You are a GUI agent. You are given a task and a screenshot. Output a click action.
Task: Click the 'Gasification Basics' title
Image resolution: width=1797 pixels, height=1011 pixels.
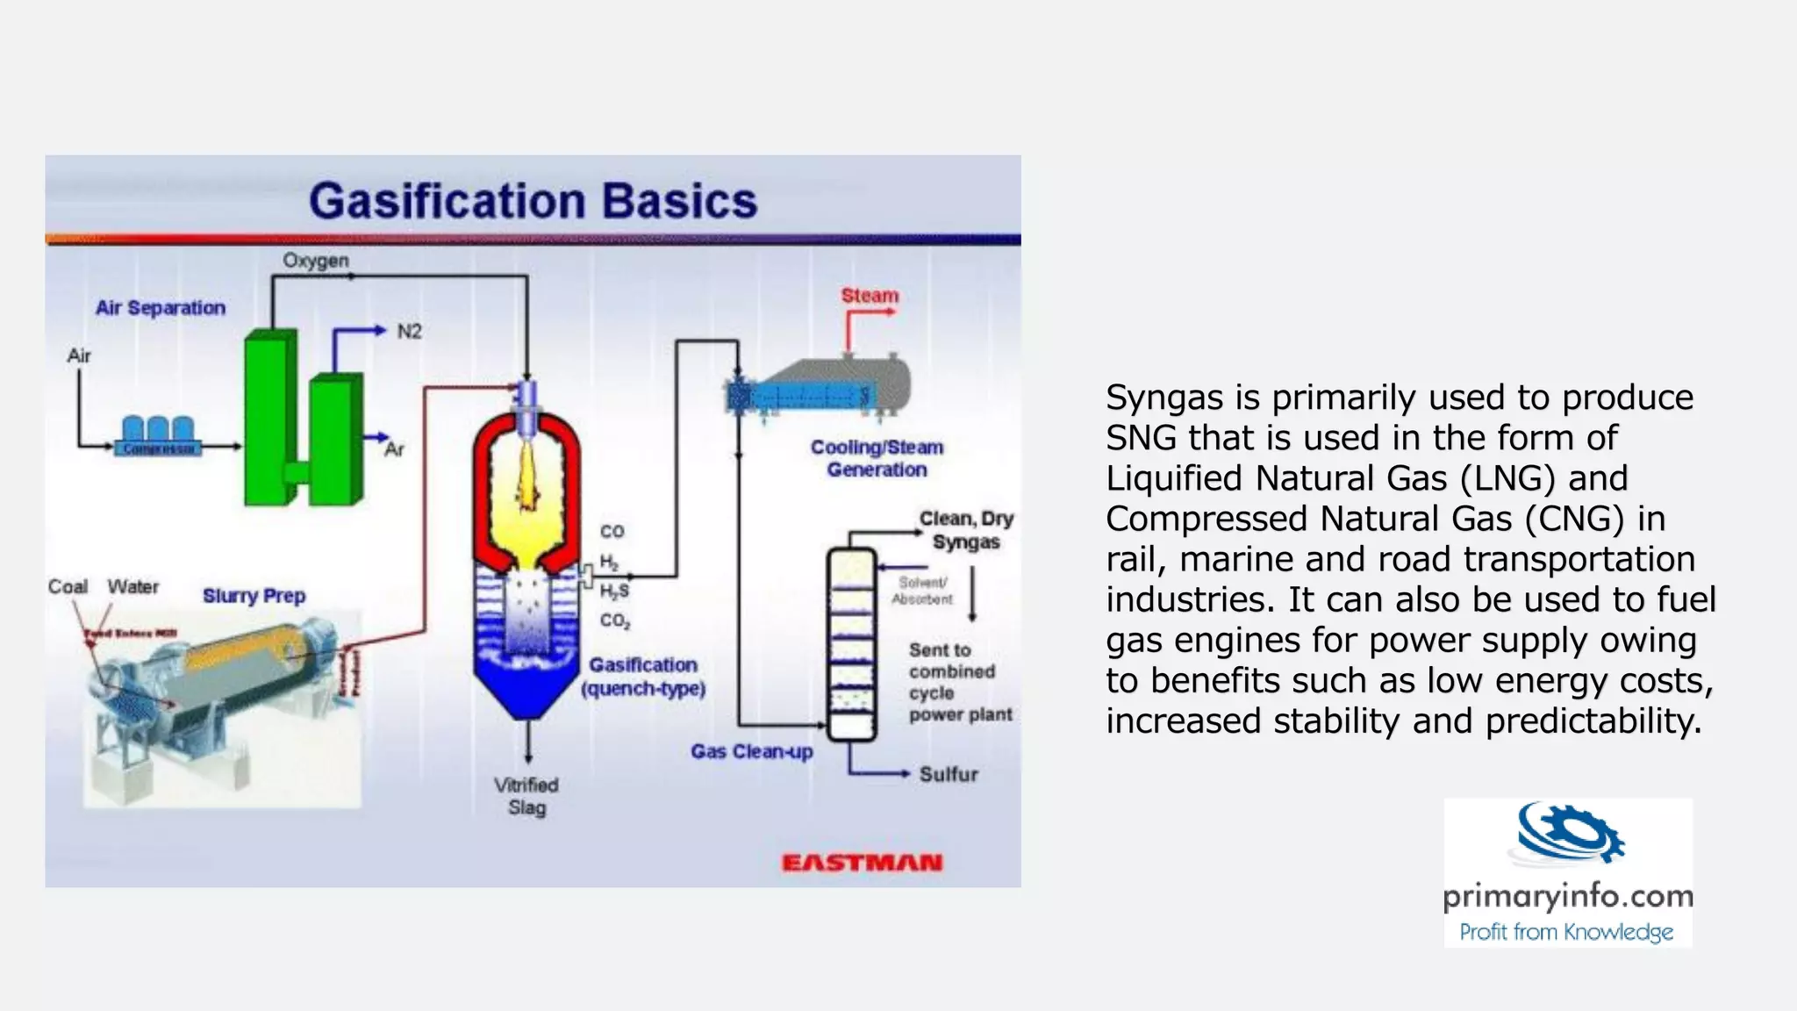533,201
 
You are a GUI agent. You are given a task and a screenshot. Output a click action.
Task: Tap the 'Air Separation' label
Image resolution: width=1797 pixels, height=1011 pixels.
161,308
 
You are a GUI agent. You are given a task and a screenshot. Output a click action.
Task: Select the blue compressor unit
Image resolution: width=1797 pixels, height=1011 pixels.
158,436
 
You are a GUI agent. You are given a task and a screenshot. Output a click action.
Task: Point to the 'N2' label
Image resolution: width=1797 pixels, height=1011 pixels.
409,332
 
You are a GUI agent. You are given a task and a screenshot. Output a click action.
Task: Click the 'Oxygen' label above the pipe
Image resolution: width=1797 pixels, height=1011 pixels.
316,261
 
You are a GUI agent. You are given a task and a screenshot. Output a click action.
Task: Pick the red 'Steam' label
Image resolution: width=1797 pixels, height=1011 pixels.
870,296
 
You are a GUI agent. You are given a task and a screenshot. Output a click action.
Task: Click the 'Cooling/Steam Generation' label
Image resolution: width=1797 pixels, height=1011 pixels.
877,458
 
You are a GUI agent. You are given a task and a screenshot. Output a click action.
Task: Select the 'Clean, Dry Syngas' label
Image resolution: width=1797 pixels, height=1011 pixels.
966,530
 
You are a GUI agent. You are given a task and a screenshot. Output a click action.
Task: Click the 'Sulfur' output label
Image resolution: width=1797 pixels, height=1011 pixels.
949,774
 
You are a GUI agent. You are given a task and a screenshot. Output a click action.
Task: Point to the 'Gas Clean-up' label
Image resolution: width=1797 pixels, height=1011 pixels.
751,751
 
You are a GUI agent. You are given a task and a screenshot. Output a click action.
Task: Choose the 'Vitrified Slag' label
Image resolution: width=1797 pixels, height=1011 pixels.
526,796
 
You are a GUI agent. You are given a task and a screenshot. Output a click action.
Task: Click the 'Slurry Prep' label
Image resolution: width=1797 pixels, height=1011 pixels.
254,596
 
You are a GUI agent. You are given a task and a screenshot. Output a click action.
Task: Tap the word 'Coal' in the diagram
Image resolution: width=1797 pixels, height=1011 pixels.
68,586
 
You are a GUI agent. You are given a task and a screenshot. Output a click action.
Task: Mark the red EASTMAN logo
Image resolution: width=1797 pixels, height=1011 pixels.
862,864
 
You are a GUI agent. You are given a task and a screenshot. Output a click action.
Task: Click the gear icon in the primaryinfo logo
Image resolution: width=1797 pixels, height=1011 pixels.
1571,832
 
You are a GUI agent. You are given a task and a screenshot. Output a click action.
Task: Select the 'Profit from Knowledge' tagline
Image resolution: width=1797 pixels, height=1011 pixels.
1566,931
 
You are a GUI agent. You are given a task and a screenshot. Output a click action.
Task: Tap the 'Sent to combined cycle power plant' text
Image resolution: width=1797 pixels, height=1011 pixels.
960,682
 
